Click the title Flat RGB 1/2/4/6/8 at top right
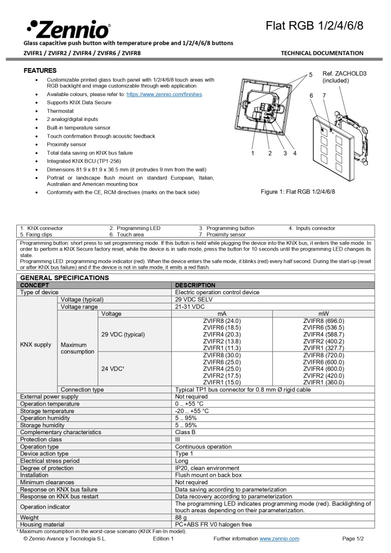coord(314,26)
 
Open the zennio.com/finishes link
coord(164,94)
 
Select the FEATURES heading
coord(40,71)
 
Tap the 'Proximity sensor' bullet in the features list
coord(66,145)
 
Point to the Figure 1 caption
coord(298,192)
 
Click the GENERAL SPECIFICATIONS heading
coord(64,278)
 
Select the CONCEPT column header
coord(35,285)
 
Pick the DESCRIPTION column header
coord(195,285)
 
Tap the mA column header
coord(221,313)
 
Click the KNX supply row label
coord(36,345)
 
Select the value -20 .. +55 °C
coord(192,411)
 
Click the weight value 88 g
coord(182,517)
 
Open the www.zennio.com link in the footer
coord(279,538)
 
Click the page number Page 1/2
coord(353,538)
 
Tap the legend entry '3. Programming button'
coord(226,228)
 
